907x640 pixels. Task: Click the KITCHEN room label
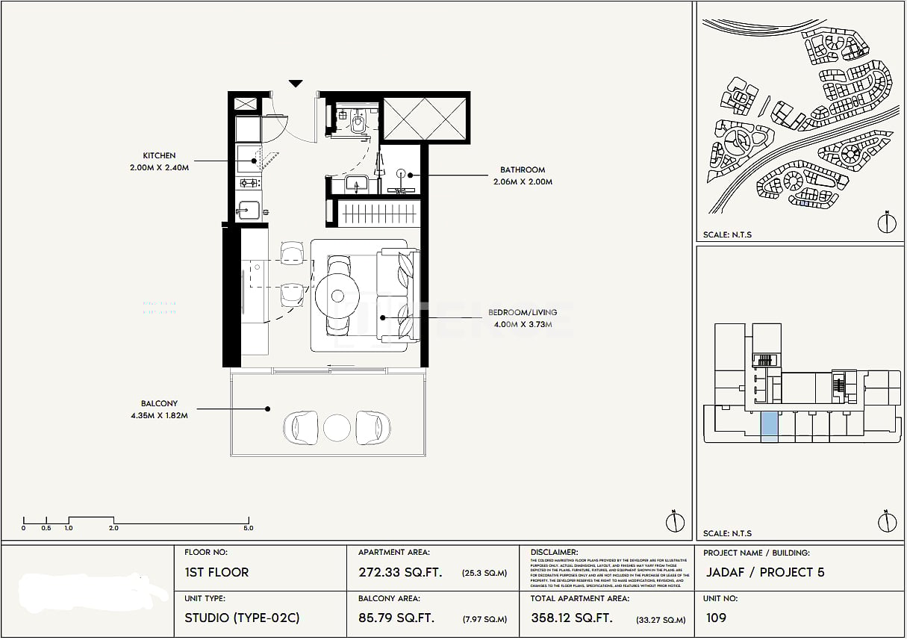tap(159, 156)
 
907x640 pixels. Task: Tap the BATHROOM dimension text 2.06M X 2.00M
tap(523, 182)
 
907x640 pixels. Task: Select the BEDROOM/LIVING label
tap(520, 312)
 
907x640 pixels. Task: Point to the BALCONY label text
tap(159, 404)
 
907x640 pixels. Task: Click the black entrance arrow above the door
tap(296, 84)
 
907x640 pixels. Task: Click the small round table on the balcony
tap(337, 428)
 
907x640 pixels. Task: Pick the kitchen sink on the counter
tap(249, 210)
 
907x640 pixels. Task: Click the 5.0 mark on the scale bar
tap(248, 528)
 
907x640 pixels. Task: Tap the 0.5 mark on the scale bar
tap(46, 528)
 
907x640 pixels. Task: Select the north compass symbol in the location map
tap(887, 222)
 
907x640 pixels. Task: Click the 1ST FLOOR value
tap(216, 573)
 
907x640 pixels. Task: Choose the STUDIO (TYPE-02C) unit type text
tap(242, 618)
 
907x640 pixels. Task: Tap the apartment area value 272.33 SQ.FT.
tap(400, 573)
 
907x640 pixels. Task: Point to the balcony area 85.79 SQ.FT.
tap(396, 618)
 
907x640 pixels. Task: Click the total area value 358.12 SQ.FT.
tap(572, 618)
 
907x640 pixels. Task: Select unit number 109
tap(715, 618)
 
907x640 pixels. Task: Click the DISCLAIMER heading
tap(554, 553)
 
